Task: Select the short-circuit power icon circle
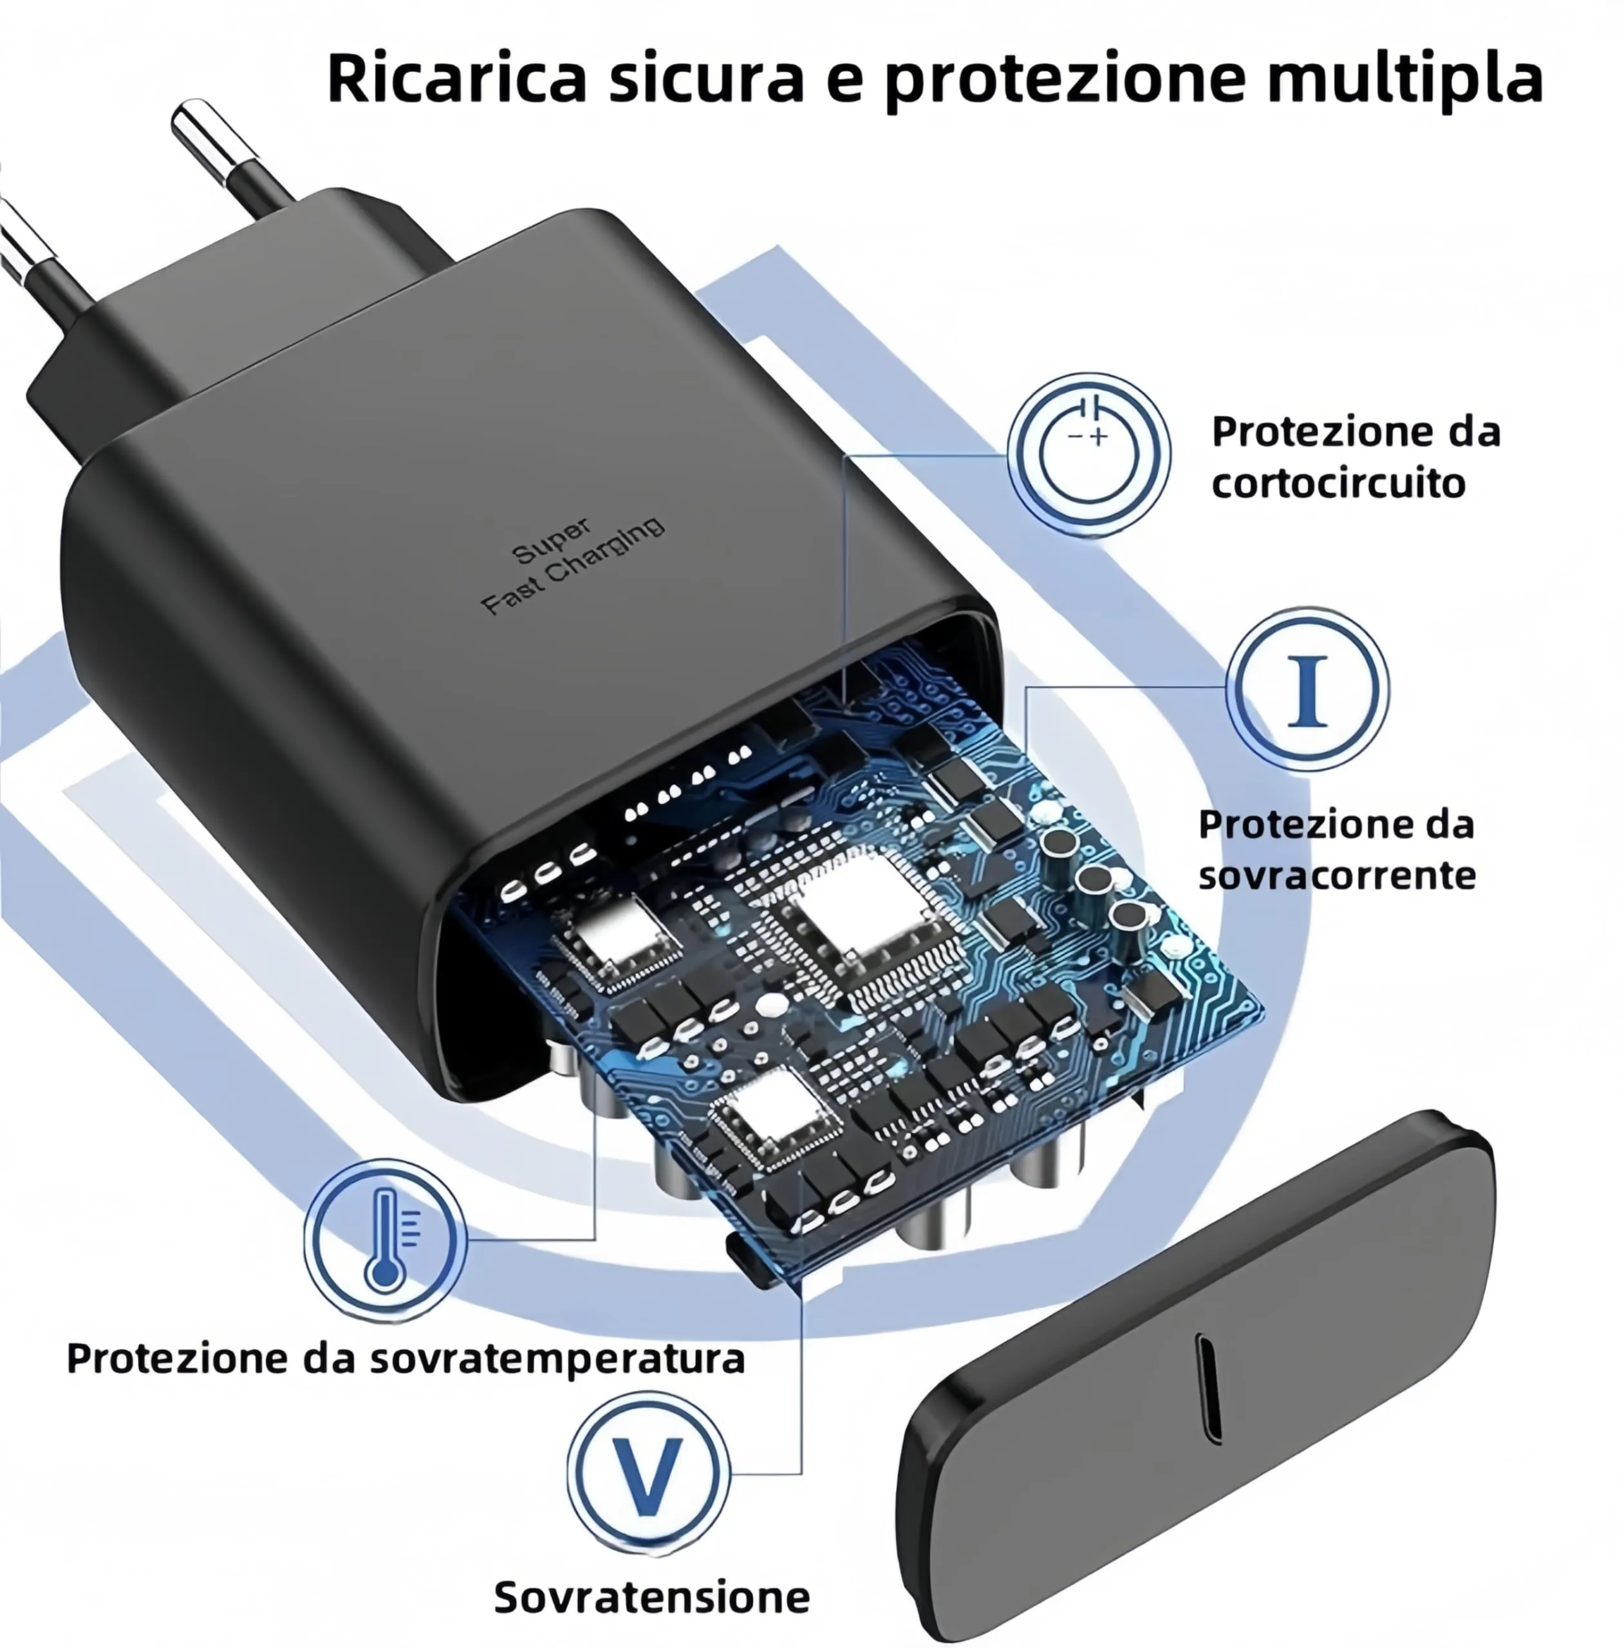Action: click(1089, 454)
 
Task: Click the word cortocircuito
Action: click(1338, 483)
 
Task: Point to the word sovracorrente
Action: click(1336, 876)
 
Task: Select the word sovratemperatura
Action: click(559, 1359)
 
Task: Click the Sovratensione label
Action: click(651, 1596)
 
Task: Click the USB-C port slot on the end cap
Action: click(1209, 1389)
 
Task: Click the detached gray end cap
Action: click(1194, 1382)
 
